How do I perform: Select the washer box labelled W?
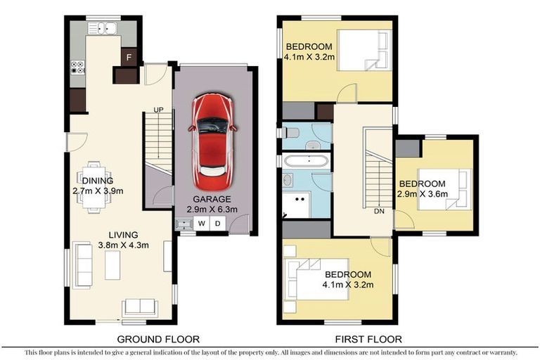click(202, 224)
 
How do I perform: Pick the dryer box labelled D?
click(218, 224)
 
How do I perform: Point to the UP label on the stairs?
click(160, 110)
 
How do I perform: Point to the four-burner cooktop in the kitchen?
click(78, 68)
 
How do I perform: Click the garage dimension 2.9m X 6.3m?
click(212, 210)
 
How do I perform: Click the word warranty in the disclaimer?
click(501, 352)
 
